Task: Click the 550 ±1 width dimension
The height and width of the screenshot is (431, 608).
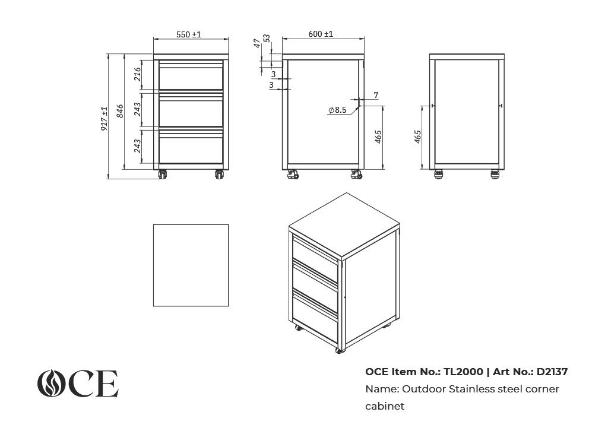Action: point(189,34)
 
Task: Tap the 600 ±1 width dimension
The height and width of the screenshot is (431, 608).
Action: point(321,34)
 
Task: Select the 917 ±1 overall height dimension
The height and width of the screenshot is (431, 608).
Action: point(104,119)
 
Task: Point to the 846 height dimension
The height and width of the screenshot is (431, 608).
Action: point(120,111)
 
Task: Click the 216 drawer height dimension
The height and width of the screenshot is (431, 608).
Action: point(137,74)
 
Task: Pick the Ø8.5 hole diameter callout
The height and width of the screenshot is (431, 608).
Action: point(337,110)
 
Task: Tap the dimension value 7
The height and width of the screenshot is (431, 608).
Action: point(376,95)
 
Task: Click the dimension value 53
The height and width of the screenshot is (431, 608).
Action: point(267,39)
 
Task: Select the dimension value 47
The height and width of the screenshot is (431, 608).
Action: point(256,43)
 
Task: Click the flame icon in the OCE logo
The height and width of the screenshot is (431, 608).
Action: point(52,384)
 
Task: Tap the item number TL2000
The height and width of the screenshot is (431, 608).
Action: point(463,372)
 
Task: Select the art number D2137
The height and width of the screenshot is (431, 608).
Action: point(552,372)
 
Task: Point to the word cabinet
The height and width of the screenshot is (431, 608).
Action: point(385,406)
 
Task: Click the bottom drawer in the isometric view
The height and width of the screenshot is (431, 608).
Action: point(315,317)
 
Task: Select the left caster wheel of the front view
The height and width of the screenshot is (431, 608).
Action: point(162,175)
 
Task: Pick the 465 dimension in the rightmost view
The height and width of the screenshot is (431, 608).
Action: point(417,137)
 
